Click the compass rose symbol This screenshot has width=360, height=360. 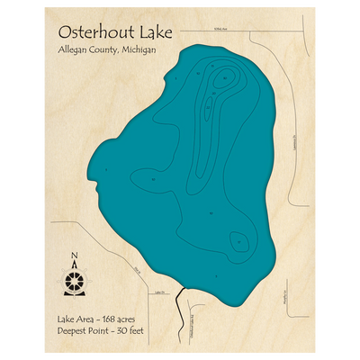pyautogui.click(x=75, y=279)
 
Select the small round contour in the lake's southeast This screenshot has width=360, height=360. pyautogui.click(x=238, y=241)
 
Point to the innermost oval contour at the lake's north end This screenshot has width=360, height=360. pyautogui.click(x=220, y=81)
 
